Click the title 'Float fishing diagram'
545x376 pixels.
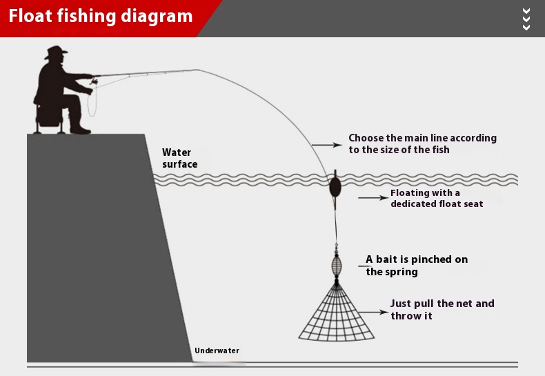(x=101, y=16)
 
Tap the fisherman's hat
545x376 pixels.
(x=56, y=52)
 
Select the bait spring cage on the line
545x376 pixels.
(x=336, y=265)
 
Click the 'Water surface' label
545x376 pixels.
(x=179, y=158)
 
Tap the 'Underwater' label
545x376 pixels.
(x=217, y=350)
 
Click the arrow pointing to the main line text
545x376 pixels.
(x=326, y=145)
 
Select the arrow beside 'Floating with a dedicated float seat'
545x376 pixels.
(x=373, y=198)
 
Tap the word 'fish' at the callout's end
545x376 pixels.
(x=439, y=150)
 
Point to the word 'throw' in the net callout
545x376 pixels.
(x=405, y=316)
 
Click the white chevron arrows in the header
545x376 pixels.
(x=526, y=19)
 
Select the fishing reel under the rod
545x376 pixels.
(x=92, y=83)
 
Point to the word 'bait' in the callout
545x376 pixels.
(x=387, y=259)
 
